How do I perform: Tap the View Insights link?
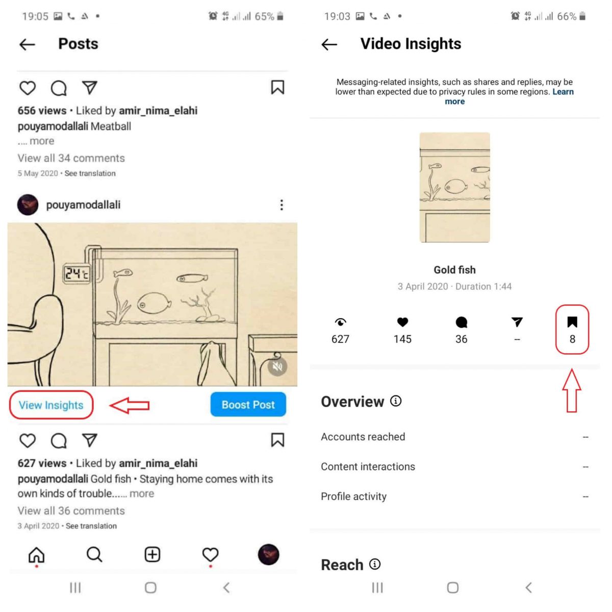51,405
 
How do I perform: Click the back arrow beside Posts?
28,44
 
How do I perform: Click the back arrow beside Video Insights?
329,44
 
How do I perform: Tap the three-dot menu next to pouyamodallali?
282,205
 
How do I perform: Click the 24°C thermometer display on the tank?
76,274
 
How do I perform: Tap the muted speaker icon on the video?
277,366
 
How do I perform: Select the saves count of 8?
572,339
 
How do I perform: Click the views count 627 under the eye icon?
340,339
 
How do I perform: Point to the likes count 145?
402,339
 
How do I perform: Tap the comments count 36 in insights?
461,339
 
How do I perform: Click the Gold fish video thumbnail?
454,188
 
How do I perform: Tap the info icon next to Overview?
396,401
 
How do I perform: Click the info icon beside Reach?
375,564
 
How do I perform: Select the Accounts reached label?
363,437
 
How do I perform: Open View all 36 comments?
71,511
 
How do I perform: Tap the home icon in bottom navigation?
37,554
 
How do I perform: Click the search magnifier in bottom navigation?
94,554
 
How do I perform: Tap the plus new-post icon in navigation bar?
152,554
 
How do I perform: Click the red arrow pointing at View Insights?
130,405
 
